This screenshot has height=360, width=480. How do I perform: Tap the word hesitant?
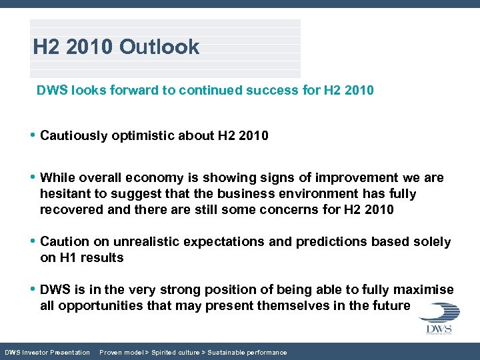pos(66,194)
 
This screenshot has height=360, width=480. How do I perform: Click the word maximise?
pos(422,290)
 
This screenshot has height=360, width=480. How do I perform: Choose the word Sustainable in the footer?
pos(228,352)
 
